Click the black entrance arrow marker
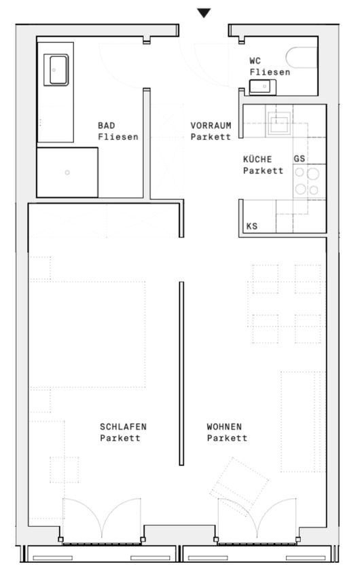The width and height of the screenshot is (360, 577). [204, 13]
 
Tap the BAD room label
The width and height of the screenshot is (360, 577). [107, 126]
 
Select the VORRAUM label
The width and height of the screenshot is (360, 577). [211, 126]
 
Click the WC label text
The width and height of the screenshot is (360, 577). [255, 60]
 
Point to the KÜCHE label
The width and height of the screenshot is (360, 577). [257, 159]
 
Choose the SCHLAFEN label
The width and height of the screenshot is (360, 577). [124, 427]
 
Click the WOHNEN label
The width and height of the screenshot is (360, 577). [224, 427]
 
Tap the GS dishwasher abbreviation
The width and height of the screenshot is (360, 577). [300, 159]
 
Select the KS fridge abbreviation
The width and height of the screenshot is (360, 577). [252, 226]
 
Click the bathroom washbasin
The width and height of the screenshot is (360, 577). [56, 70]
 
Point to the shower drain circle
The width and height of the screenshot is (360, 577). [67, 172]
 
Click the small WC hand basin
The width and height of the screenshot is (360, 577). [262, 87]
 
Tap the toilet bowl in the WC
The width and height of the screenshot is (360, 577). [302, 58]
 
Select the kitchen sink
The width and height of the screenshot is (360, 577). [279, 123]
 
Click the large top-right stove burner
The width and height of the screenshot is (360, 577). [313, 174]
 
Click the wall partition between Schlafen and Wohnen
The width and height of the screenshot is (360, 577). [181, 373]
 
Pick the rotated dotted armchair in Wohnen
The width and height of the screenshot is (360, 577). [240, 482]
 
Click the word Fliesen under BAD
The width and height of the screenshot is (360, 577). [118, 137]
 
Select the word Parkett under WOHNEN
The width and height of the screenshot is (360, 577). [227, 438]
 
